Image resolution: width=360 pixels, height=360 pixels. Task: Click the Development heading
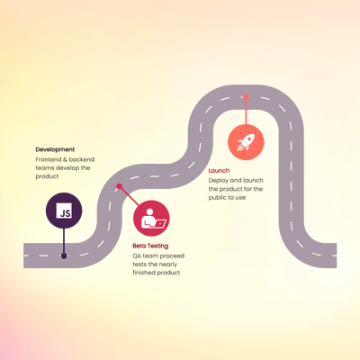[x=55, y=149]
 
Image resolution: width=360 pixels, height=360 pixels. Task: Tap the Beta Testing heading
[x=150, y=246]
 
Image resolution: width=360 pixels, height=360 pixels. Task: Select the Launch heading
[x=219, y=171]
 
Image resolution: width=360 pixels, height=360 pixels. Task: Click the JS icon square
[x=64, y=211]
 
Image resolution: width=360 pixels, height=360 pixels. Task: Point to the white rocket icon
[x=246, y=142]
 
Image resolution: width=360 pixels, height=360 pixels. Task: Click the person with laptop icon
[x=154, y=219]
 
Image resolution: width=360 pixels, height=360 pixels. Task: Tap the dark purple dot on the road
[x=64, y=256]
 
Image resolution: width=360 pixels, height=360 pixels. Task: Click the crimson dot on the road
[x=120, y=186]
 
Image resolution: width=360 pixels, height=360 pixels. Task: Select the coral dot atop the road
[x=246, y=97]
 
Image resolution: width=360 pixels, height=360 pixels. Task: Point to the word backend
[x=82, y=159]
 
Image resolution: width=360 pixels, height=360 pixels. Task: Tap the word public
[x=217, y=198]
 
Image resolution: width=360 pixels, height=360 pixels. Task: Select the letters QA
[x=137, y=256]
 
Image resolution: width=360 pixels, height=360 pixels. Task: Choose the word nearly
[x=168, y=265]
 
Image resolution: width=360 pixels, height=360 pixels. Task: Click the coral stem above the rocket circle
[x=246, y=112]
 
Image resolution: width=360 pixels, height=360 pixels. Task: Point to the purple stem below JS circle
[x=64, y=241]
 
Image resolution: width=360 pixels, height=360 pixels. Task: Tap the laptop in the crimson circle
[x=159, y=223]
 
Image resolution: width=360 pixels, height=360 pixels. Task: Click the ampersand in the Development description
[x=65, y=159]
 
